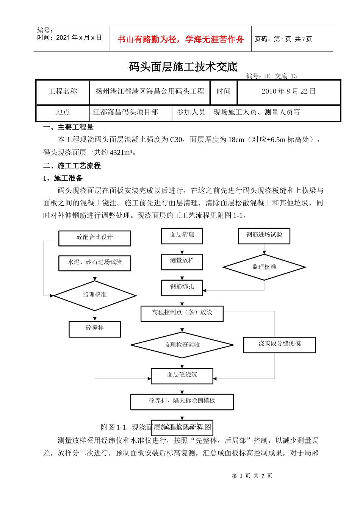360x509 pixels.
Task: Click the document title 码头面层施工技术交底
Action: point(183,67)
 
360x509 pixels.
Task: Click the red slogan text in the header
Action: point(180,39)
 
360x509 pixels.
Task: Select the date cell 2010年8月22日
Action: point(288,91)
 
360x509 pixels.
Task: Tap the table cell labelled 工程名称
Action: point(63,91)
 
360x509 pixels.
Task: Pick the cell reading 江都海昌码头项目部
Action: point(125,112)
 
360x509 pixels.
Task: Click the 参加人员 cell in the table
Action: point(191,112)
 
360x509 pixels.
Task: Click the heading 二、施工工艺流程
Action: point(72,166)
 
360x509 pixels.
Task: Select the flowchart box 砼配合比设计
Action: point(95,238)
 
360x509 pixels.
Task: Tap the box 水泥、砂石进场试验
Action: point(95,262)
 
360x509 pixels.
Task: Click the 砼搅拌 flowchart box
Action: point(95,329)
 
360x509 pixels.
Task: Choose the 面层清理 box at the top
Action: point(182,236)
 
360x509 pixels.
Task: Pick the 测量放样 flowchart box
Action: point(182,261)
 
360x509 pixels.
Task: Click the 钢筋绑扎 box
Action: point(182,287)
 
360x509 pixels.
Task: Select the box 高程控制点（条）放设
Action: point(182,313)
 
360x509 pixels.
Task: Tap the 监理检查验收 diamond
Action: point(182,345)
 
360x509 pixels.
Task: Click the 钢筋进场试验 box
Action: point(264,235)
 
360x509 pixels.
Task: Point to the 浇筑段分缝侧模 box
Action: point(279,344)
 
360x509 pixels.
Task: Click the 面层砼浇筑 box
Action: point(182,375)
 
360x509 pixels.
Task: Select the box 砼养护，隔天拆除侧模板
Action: point(182,401)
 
